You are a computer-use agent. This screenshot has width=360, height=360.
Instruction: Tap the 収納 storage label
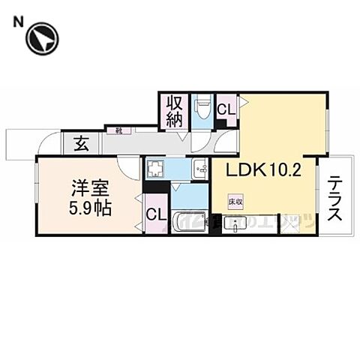coord(173,111)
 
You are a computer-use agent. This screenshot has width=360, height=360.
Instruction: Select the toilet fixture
coord(202,109)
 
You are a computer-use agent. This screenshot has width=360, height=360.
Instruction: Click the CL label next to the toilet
coord(225,109)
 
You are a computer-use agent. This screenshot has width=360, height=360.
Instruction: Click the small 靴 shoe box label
coord(118,130)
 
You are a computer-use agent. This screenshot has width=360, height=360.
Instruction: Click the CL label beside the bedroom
coord(156,216)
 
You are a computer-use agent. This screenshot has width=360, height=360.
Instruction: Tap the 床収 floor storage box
coord(233,201)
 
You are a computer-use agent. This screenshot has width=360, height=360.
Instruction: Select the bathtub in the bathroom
coord(188,222)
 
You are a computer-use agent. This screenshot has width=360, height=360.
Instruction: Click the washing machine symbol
coord(155,169)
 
